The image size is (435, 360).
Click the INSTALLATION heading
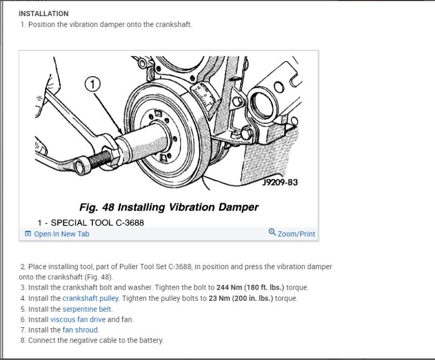[x=44, y=13]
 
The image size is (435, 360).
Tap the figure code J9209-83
[x=279, y=182]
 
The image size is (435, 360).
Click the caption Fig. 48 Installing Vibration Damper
[x=169, y=207]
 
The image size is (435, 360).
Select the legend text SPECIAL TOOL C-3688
[x=97, y=222]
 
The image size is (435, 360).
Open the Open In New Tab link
[x=61, y=234]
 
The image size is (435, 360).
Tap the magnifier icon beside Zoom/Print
[x=272, y=233]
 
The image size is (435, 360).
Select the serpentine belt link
[x=88, y=308]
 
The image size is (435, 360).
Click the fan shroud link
[x=81, y=330]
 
